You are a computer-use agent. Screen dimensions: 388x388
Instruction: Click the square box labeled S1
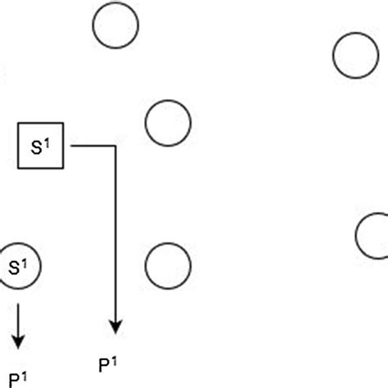pyautogui.click(x=41, y=146)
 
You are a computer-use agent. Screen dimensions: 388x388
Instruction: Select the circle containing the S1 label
pyautogui.click(x=18, y=265)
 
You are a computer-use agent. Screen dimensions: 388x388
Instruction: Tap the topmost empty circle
pyautogui.click(x=115, y=26)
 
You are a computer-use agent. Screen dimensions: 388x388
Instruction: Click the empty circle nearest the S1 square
pyautogui.click(x=168, y=124)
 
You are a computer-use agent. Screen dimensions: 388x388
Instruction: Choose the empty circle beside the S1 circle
pyautogui.click(x=168, y=265)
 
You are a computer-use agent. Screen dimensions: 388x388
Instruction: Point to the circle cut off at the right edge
pyautogui.click(x=373, y=235)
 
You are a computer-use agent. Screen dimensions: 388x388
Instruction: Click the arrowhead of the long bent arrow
pyautogui.click(x=116, y=327)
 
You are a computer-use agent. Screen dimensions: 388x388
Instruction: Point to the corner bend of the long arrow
pyautogui.click(x=116, y=146)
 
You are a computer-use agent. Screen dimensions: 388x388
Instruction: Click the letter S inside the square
pyautogui.click(x=37, y=147)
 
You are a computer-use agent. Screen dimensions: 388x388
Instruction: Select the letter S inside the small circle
pyautogui.click(x=14, y=267)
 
